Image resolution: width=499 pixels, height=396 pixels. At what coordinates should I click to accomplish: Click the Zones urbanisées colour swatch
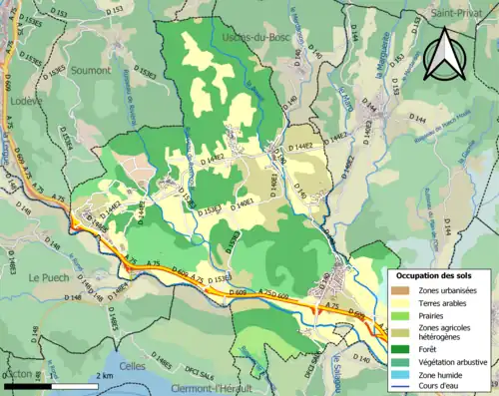coord(404,289)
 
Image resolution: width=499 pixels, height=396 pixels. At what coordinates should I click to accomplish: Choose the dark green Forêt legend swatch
coord(404,349)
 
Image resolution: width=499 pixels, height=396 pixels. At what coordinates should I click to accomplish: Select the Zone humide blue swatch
coord(404,373)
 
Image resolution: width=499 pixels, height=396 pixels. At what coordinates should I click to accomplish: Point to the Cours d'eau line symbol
coord(404,385)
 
